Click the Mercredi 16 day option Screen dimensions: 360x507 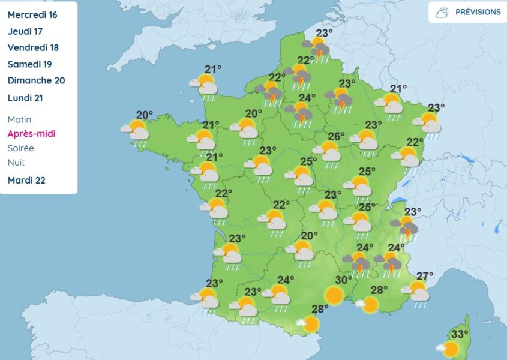coord(32,15)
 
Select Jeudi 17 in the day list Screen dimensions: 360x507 coord(25,31)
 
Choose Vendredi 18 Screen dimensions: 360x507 coord(32,47)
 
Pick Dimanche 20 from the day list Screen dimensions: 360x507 coord(36,80)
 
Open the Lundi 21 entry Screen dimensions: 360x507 coord(25,98)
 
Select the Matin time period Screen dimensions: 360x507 coord(19,119)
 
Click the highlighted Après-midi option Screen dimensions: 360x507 coord(31,134)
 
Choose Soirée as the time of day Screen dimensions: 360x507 coord(21,148)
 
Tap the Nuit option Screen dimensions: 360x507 coord(16,162)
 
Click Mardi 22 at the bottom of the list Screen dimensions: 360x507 coord(26,180)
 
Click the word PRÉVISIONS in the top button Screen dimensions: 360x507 coord(478,12)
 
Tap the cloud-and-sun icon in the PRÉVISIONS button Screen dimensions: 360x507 coord(443,12)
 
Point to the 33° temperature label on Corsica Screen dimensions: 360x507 coord(460,334)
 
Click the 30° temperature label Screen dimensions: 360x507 coord(343,280)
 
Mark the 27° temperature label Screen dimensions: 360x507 coord(425,276)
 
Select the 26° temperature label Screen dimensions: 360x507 coord(335,136)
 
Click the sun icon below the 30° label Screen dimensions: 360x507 coord(334,295)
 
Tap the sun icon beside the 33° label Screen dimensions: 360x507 coord(450,349)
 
